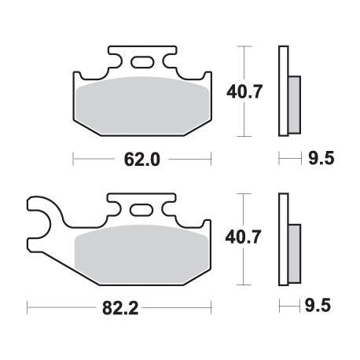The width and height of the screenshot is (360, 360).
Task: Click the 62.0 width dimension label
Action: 141,160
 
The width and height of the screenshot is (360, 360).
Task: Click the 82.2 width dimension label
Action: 120,308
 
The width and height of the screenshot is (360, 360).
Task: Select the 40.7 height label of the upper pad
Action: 244,92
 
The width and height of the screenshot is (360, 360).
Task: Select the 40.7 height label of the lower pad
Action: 243,237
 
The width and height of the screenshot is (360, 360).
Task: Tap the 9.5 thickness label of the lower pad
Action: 318,306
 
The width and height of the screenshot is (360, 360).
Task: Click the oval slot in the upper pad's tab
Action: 142,62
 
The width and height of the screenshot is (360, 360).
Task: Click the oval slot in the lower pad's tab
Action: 141,210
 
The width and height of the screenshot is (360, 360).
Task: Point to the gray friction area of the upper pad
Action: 143,105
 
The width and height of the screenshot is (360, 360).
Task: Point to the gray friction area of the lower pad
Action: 141,254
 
